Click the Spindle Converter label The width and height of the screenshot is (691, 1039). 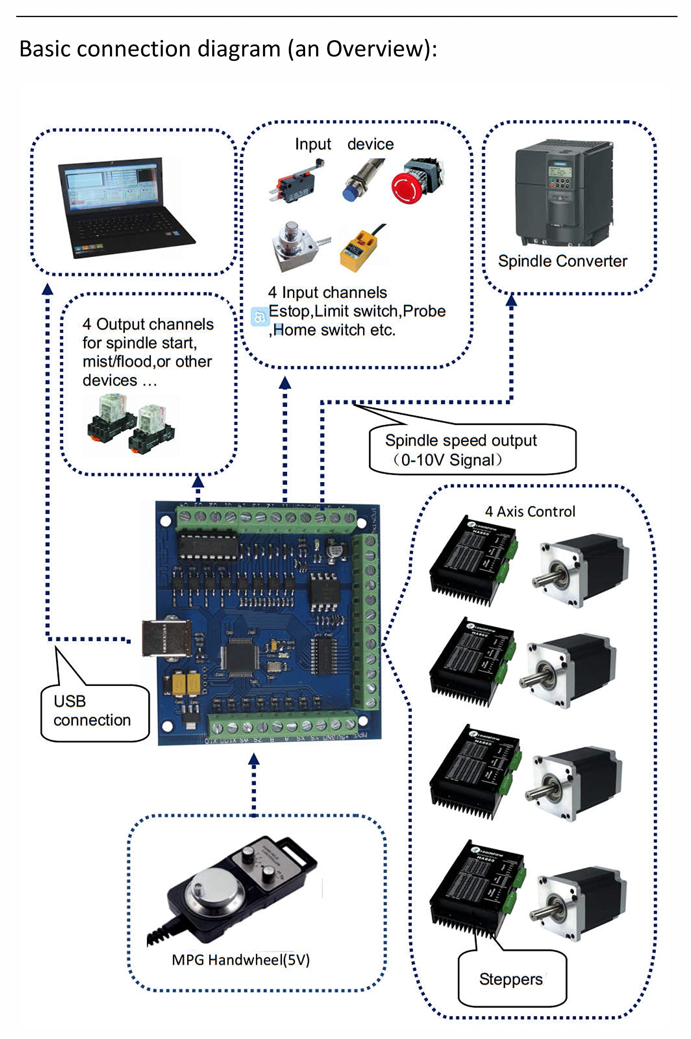coord(562,261)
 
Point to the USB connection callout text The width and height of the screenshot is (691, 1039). coord(92,710)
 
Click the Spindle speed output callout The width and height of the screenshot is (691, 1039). coord(461,450)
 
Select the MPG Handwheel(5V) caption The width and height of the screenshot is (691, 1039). coord(241,959)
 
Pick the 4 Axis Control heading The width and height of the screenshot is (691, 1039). coord(530,511)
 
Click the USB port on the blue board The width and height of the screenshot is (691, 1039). coord(167,639)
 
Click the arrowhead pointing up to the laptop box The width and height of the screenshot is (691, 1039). coord(47,289)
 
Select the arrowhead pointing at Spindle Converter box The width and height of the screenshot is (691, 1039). coord(511,300)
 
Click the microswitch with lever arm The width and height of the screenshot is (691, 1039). coord(295,184)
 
